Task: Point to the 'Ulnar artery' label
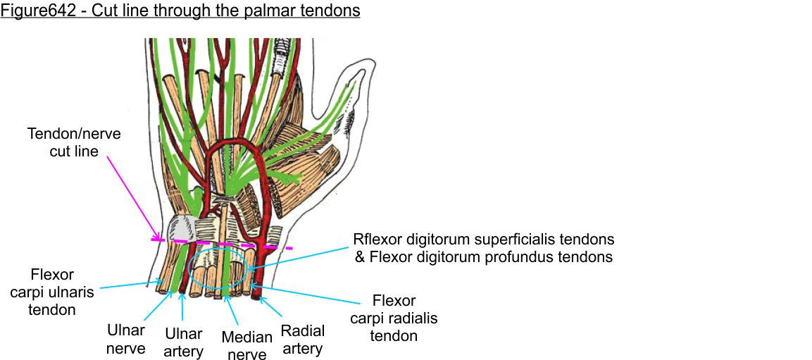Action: tap(183, 342)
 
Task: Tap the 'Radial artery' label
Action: tap(303, 339)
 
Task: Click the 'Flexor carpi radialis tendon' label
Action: tap(394, 318)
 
